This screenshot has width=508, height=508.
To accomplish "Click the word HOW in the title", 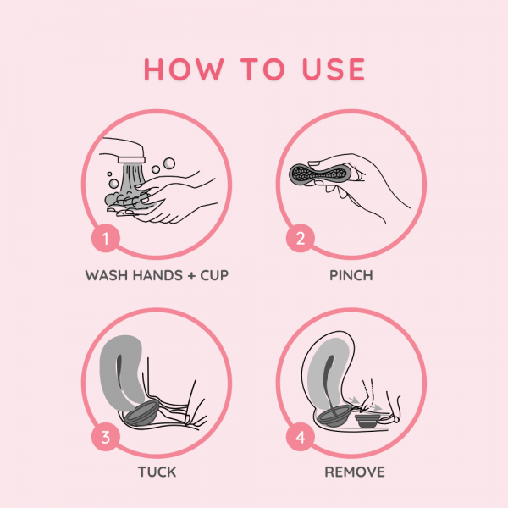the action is pyautogui.click(x=184, y=69).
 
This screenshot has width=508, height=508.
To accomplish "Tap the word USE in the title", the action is pyautogui.click(x=334, y=69).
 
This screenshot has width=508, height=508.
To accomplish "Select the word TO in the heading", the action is pyautogui.click(x=262, y=69).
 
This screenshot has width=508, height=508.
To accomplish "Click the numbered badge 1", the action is pyautogui.click(x=106, y=239).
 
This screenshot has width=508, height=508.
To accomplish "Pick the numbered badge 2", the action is pyautogui.click(x=301, y=239).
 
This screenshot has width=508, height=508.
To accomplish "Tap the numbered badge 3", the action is pyautogui.click(x=106, y=437).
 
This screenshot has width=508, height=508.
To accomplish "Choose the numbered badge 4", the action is pyautogui.click(x=301, y=437).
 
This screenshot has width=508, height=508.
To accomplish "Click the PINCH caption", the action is pyautogui.click(x=351, y=276).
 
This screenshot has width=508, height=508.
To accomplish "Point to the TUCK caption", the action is pyautogui.click(x=157, y=472).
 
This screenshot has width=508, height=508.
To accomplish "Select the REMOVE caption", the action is pyautogui.click(x=355, y=472).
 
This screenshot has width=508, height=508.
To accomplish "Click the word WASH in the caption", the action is pyautogui.click(x=107, y=276).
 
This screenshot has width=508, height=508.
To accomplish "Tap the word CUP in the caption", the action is pyautogui.click(x=214, y=276).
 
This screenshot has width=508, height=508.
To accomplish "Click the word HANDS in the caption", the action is pyautogui.click(x=157, y=276).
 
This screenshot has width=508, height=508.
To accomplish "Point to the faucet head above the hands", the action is pyautogui.click(x=131, y=160).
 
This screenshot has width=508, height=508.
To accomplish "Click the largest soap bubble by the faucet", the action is pyautogui.click(x=169, y=163).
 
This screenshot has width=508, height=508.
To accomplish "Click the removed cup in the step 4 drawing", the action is pyautogui.click(x=368, y=421).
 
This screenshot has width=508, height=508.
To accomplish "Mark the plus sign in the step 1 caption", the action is pyautogui.click(x=191, y=276).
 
